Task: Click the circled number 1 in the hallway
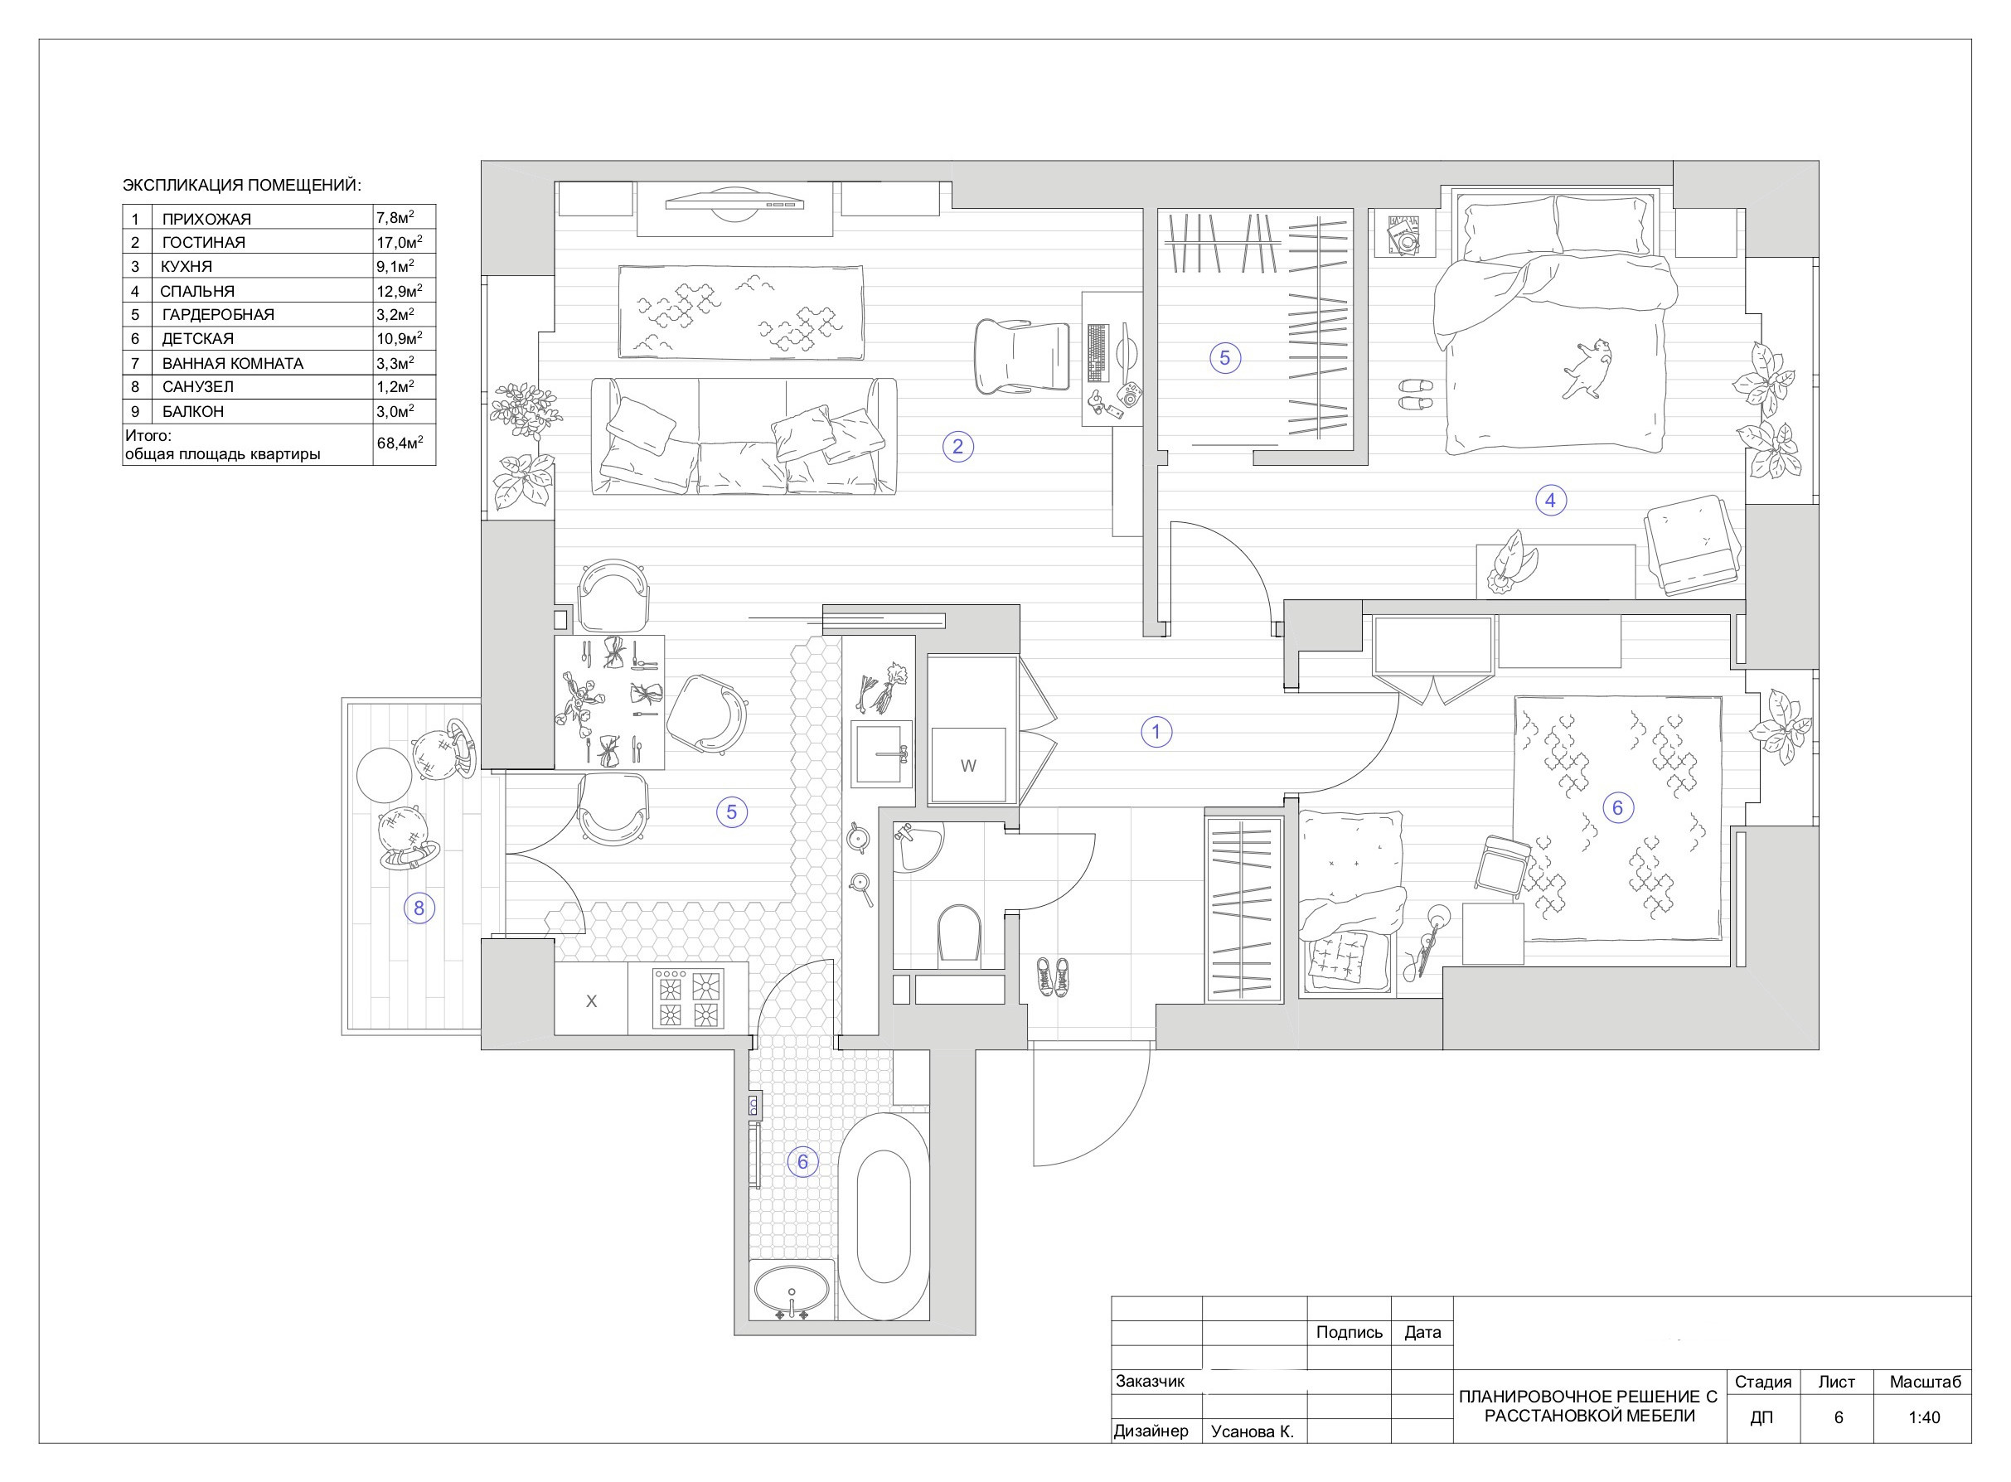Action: pyautogui.click(x=1156, y=732)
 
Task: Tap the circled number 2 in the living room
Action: pyautogui.click(x=958, y=446)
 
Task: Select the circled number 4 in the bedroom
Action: pyautogui.click(x=1551, y=501)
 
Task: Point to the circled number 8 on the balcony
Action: pyautogui.click(x=419, y=908)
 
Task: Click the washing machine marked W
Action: pyautogui.click(x=968, y=765)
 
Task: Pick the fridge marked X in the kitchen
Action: pyautogui.click(x=591, y=1000)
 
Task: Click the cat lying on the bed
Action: pyautogui.click(x=1587, y=366)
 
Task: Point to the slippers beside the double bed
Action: pyautogui.click(x=1417, y=395)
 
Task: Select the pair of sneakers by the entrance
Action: pyautogui.click(x=1052, y=976)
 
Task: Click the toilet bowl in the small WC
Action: pyautogui.click(x=959, y=935)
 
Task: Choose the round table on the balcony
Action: pyautogui.click(x=384, y=775)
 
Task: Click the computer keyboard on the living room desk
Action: pyautogui.click(x=1097, y=352)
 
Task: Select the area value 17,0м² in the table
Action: pyautogui.click(x=400, y=242)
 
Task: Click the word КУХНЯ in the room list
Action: pyautogui.click(x=187, y=266)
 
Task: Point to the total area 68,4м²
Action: pyautogui.click(x=400, y=443)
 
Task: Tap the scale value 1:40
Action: pyautogui.click(x=1924, y=1417)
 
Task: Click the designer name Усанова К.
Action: pyautogui.click(x=1253, y=1431)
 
